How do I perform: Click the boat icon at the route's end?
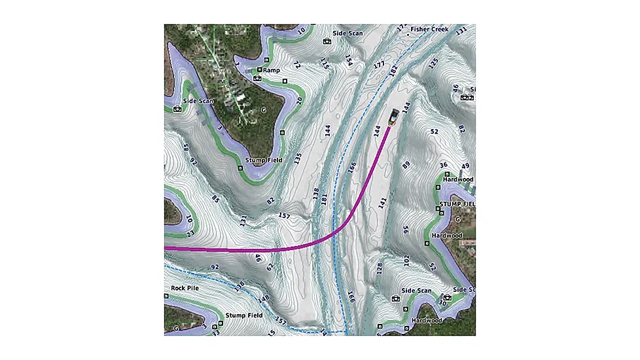393,117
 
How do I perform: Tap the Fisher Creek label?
428,29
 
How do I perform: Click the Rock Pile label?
185,287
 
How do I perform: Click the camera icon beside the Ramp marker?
257,78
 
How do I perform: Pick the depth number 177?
378,65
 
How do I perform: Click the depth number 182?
393,71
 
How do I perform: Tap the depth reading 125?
432,63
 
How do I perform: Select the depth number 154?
349,61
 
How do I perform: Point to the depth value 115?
324,63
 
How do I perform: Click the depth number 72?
296,65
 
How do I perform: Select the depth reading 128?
378,268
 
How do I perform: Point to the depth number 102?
406,261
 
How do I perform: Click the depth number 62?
269,266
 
